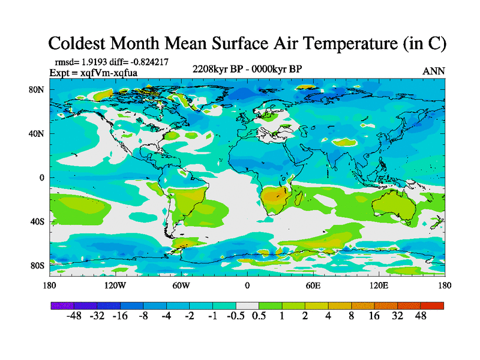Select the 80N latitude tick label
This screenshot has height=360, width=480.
[37, 90]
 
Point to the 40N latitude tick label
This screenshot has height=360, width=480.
[37, 134]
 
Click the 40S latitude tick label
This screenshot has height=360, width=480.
[37, 221]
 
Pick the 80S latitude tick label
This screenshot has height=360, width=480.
[37, 265]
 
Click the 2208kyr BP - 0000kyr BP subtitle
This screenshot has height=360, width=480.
[247, 68]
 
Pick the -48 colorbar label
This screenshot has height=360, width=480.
[73, 316]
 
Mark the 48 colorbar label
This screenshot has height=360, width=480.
[420, 316]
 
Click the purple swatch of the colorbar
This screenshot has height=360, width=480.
[62, 305]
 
